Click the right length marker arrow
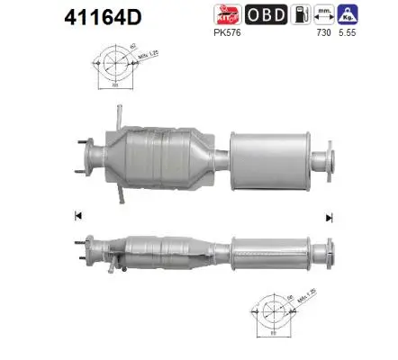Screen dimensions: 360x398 coord(330,217)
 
